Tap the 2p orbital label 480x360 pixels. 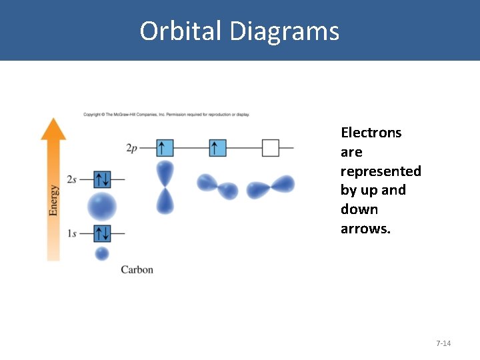pyautogui.click(x=131, y=148)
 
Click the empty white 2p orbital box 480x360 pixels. pyautogui.click(x=270, y=147)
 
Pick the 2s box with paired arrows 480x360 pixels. pyautogui.click(x=102, y=179)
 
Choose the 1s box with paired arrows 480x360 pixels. pyautogui.click(x=102, y=233)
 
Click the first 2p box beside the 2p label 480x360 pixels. pyautogui.click(x=165, y=147)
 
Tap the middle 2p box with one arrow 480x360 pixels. pyautogui.click(x=217, y=147)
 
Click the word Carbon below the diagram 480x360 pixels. pyautogui.click(x=137, y=269)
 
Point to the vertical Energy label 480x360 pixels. pyautogui.click(x=54, y=200)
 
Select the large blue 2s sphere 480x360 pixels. pyautogui.click(x=102, y=206)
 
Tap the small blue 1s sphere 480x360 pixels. pyautogui.click(x=102, y=253)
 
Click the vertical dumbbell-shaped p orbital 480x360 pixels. pyautogui.click(x=165, y=187)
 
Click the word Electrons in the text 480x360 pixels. pyautogui.click(x=371, y=133)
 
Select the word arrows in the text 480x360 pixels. pyautogui.click(x=365, y=229)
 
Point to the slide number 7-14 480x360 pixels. pyautogui.click(x=443, y=343)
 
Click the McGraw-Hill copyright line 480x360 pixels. pyautogui.click(x=166, y=115)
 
